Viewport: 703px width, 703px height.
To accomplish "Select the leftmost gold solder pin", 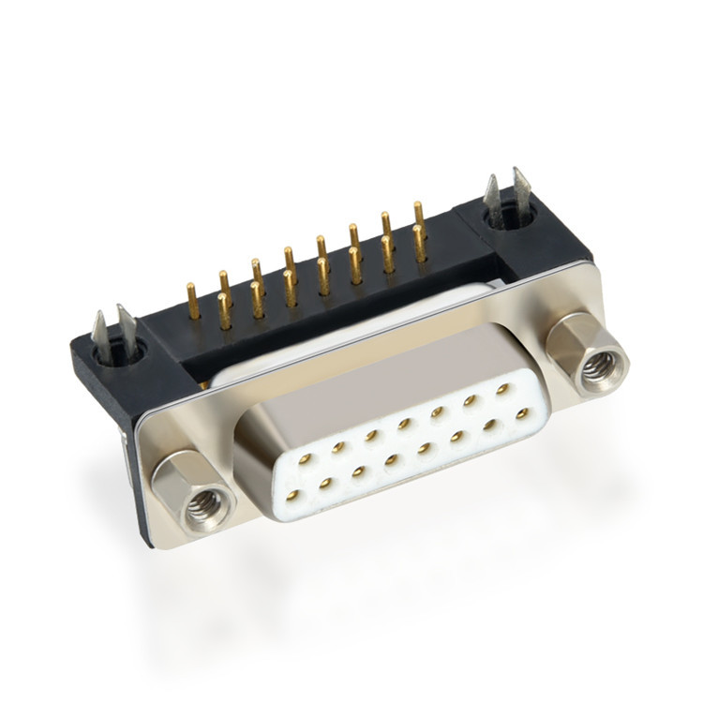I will coord(192,300).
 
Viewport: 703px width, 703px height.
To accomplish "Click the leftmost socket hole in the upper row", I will coord(305,459).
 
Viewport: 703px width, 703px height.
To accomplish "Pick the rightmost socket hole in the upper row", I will coord(503,386).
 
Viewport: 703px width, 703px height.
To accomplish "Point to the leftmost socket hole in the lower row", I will coord(292,493).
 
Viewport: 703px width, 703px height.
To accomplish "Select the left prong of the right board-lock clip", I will coord(490,196).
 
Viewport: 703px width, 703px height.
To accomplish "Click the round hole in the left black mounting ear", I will coord(122,351).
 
